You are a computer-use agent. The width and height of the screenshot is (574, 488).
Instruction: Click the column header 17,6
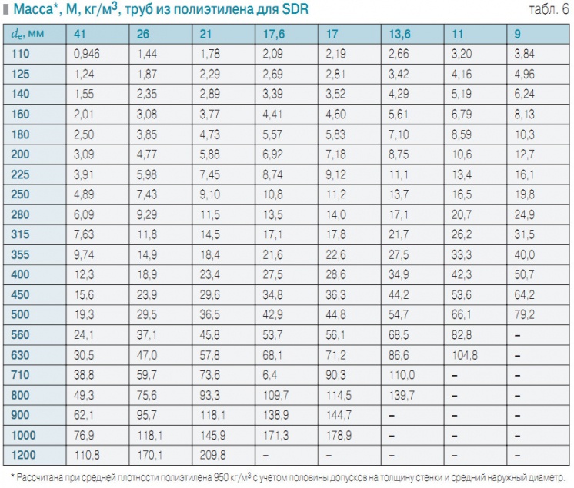pyautogui.click(x=275, y=34)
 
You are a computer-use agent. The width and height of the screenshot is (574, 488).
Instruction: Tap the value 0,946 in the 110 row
pyautogui.click(x=87, y=54)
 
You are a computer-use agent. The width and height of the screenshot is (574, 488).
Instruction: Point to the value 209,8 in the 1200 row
pyautogui.click(x=213, y=453)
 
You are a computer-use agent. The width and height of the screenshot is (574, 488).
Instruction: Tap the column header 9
pyautogui.click(x=519, y=34)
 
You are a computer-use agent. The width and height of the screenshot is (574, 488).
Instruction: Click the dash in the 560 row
pyautogui.click(x=518, y=334)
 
